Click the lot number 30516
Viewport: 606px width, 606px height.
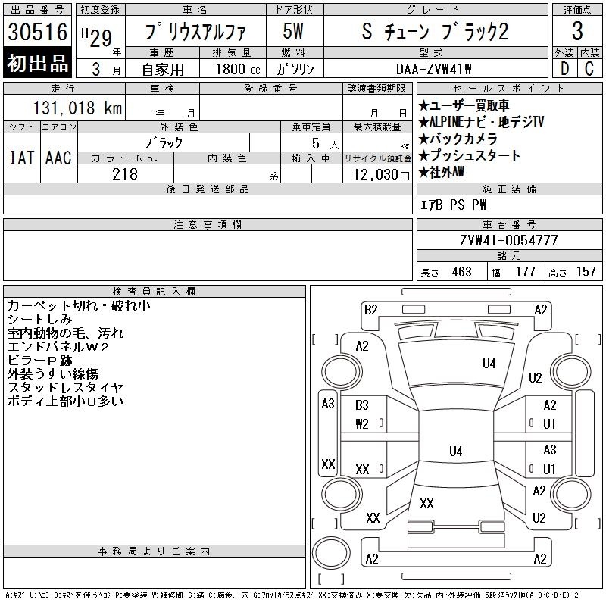click(37, 31)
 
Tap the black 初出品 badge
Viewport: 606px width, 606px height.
click(37, 63)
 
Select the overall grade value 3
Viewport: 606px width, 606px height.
click(577, 31)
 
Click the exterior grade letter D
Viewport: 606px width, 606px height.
click(564, 69)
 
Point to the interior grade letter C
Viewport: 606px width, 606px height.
click(589, 69)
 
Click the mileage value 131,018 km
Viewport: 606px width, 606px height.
click(77, 108)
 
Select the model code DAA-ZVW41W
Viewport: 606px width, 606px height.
click(433, 69)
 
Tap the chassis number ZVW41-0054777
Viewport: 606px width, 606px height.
click(509, 240)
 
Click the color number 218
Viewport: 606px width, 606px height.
click(125, 174)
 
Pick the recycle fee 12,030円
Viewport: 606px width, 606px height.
click(382, 175)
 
